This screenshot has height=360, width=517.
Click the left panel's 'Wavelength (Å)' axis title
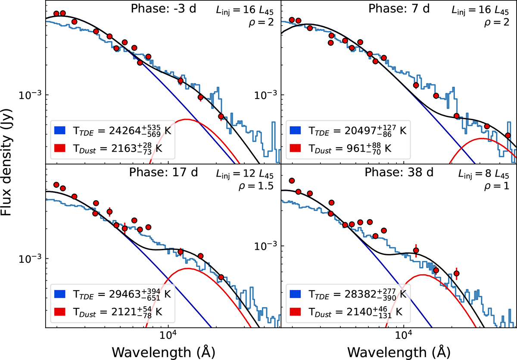[163, 351]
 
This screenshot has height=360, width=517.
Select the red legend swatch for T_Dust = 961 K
[295, 148]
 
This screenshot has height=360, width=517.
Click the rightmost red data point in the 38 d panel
[457, 273]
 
